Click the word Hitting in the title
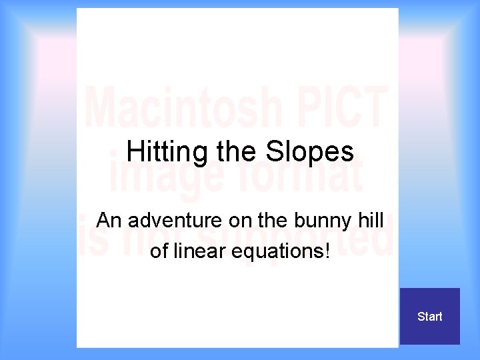(167, 152)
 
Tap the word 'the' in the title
(237, 152)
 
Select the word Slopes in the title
(310, 152)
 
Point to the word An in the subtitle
(109, 221)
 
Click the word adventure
(176, 221)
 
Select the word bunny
(323, 221)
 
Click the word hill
(371, 221)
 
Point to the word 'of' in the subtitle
(159, 251)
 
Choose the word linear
(201, 251)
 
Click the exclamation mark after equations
(327, 251)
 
